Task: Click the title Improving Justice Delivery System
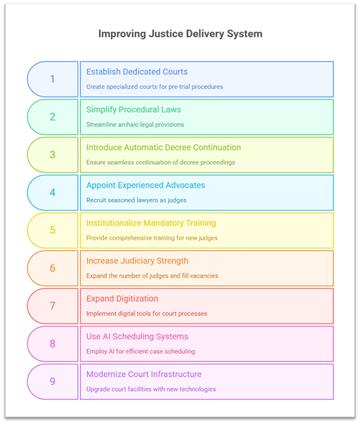180,34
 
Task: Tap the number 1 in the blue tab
52,79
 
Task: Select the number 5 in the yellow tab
52,230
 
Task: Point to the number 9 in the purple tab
52,381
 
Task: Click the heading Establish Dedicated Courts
137,72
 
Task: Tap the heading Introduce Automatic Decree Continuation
163,147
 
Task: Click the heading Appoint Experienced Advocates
146,185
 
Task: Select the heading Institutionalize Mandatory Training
151,223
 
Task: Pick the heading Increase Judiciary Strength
137,261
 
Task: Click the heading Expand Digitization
122,298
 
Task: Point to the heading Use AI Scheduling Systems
137,336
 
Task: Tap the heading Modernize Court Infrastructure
144,374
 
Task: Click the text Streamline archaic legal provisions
135,125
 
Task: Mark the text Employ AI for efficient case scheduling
140,351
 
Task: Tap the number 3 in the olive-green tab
52,154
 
